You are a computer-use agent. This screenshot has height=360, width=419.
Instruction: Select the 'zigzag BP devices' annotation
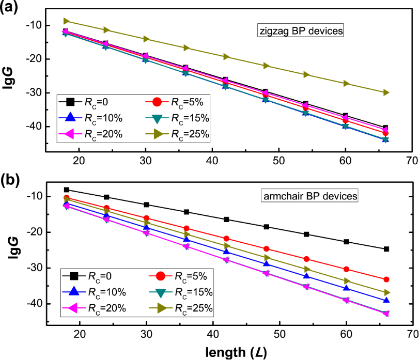pyautogui.click(x=301, y=30)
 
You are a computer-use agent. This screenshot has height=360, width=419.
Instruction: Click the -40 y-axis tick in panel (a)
pyautogui.click(x=31, y=127)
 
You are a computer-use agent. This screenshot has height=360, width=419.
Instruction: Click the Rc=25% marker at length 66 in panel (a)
pyautogui.click(x=386, y=92)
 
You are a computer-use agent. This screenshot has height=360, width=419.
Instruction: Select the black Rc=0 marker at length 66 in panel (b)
pyautogui.click(x=386, y=249)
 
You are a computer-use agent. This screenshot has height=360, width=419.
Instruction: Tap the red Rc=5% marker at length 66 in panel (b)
pyautogui.click(x=386, y=279)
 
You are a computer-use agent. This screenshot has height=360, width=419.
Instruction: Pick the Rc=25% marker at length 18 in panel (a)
pyautogui.click(x=66, y=21)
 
